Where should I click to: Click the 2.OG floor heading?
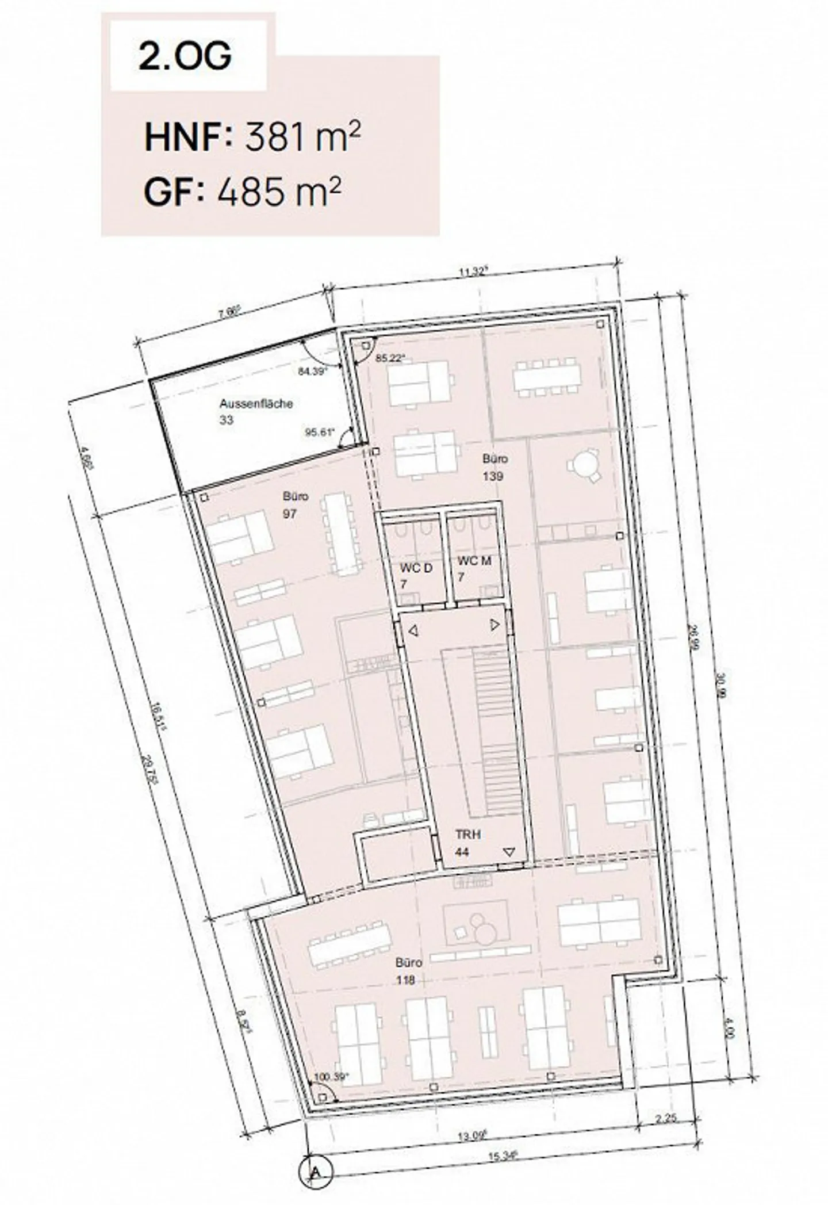point(185,56)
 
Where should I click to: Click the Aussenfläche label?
point(255,404)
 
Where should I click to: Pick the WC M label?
point(474,561)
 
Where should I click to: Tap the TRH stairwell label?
point(467,835)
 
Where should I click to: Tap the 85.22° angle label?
point(390,357)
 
